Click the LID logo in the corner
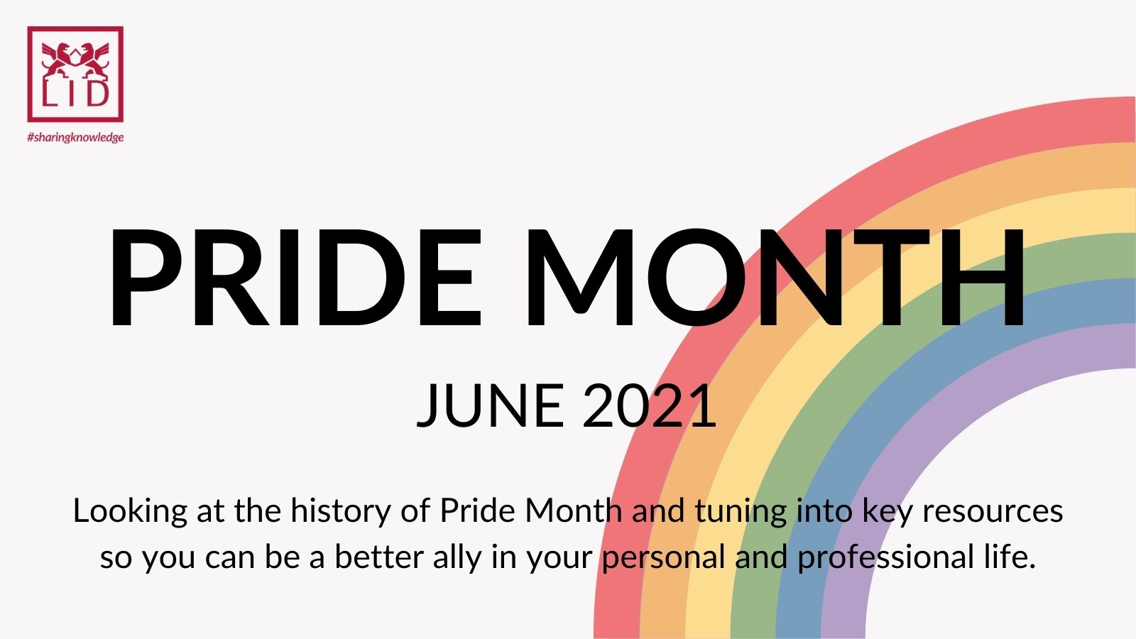click(75, 74)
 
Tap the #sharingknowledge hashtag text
click(75, 137)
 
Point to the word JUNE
click(490, 405)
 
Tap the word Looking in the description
click(131, 511)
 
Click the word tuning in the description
click(741, 511)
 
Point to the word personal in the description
click(664, 558)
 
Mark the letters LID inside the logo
click(75, 93)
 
